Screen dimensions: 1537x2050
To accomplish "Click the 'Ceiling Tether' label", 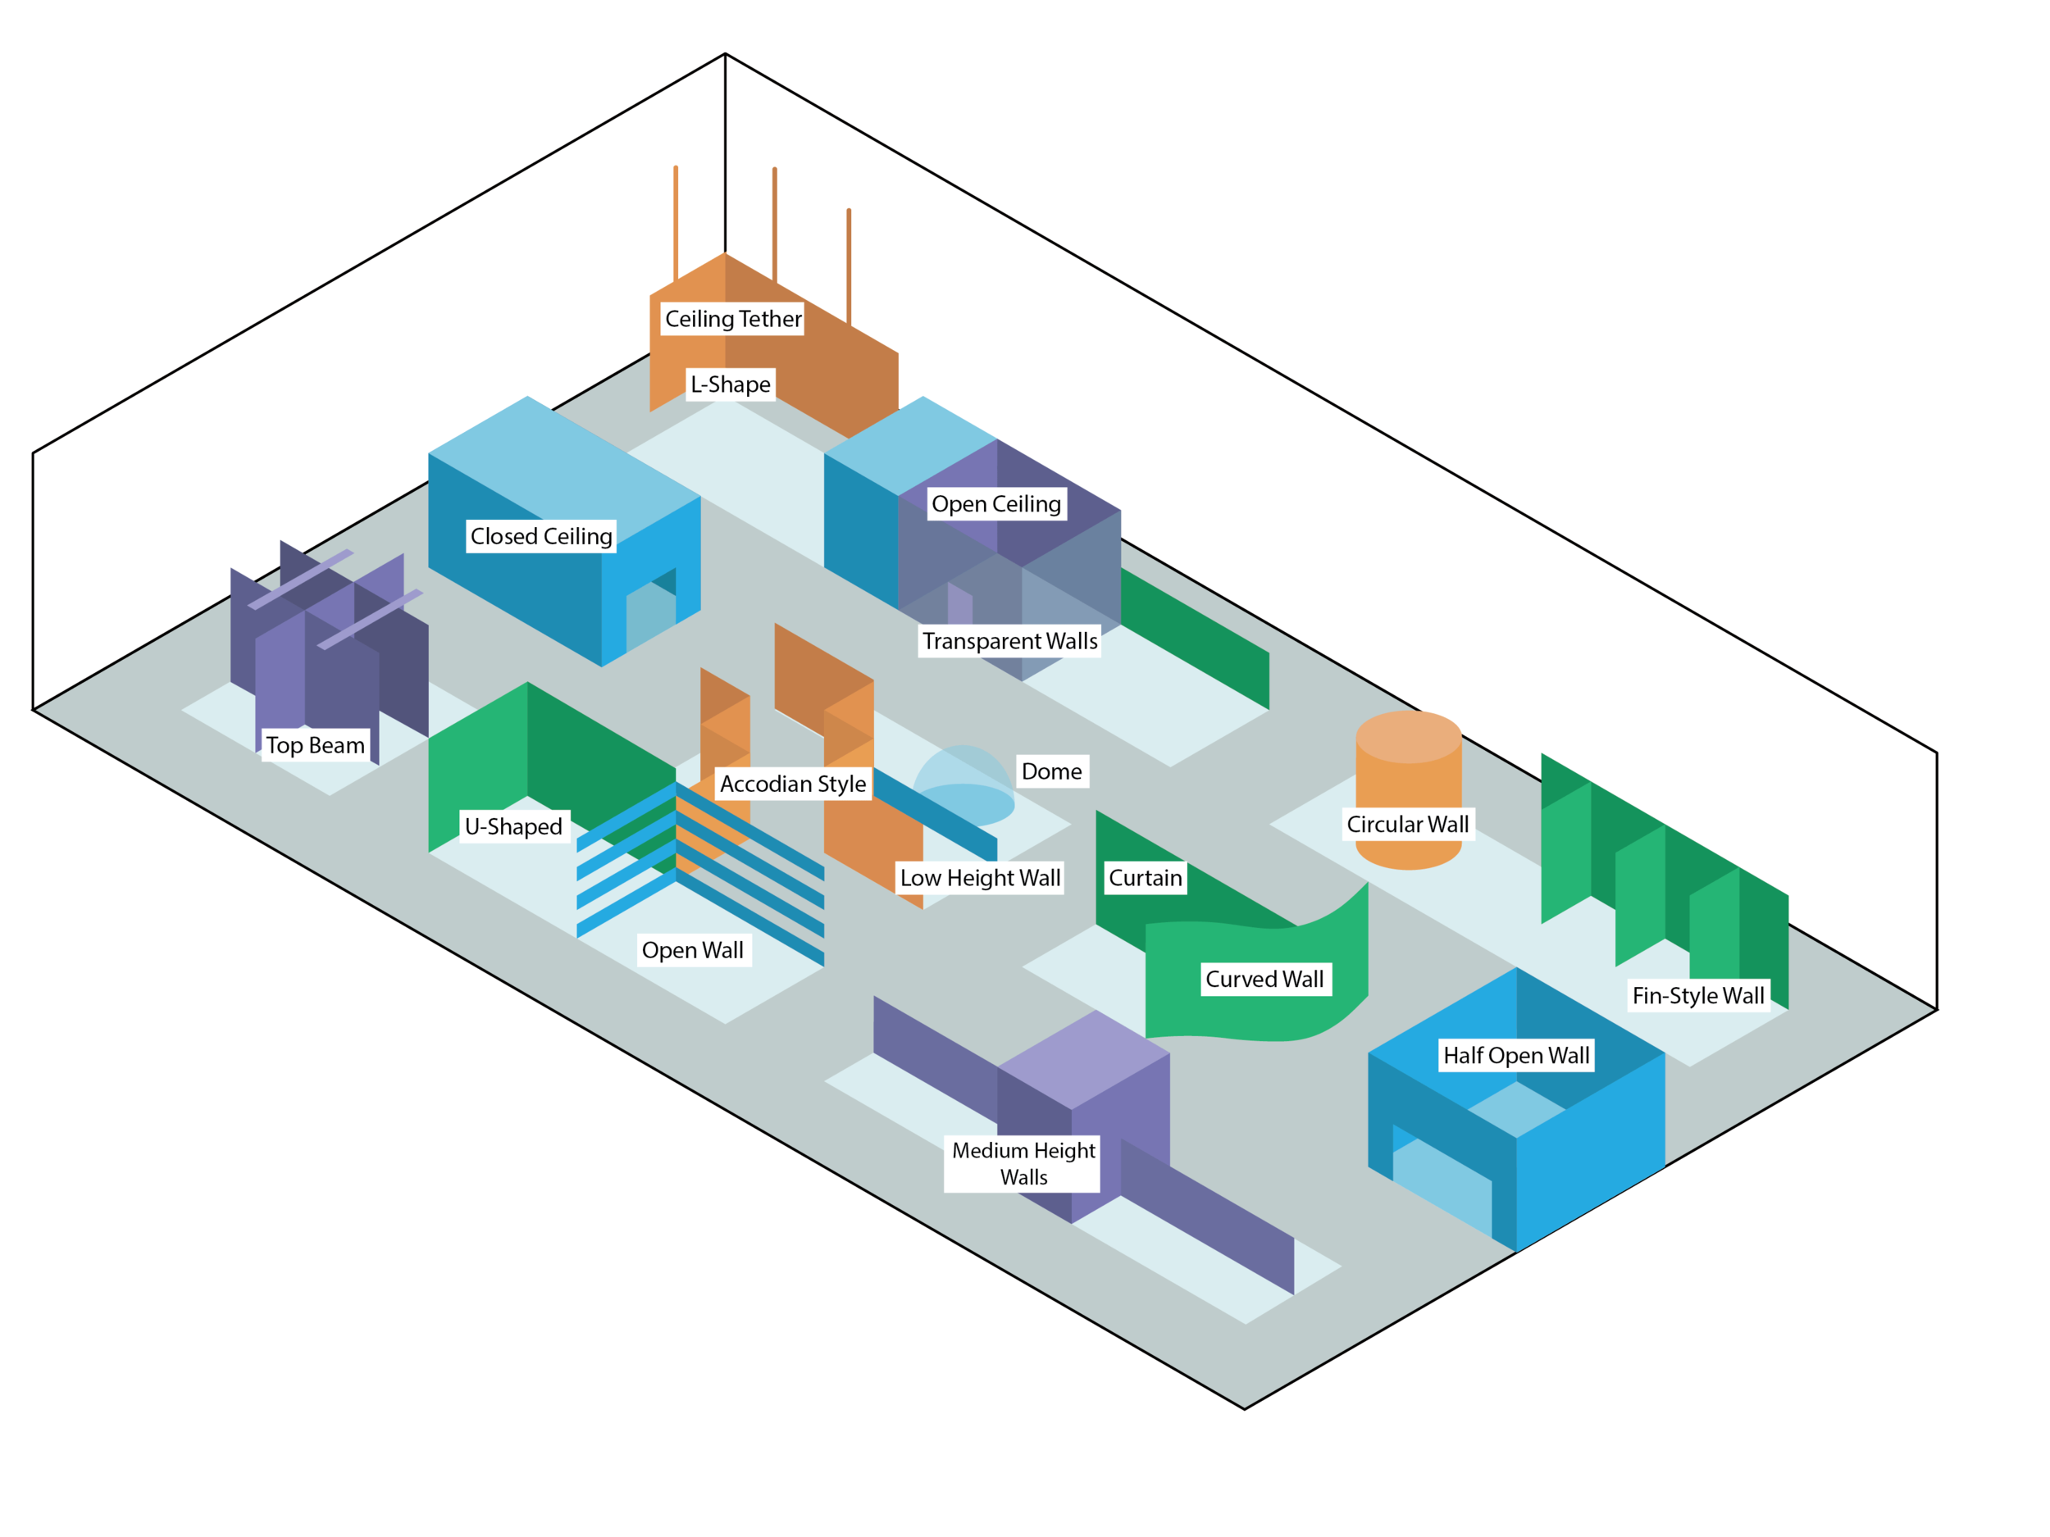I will (733, 319).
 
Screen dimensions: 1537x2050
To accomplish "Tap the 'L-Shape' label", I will (731, 384).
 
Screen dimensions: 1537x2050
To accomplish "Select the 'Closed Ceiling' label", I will (541, 535).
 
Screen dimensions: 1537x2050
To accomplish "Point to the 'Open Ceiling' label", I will (995, 504).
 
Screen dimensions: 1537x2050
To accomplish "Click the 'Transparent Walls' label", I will (1009, 641).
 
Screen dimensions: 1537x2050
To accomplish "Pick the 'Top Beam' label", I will (315, 745).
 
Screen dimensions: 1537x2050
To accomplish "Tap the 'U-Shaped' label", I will (513, 826).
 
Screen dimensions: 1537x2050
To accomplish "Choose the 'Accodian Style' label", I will (792, 784).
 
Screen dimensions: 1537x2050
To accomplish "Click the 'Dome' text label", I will (1051, 771).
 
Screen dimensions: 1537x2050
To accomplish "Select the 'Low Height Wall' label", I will (980, 877).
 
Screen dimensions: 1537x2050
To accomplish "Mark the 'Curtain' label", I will (1145, 877).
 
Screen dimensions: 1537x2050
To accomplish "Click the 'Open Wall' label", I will (692, 949).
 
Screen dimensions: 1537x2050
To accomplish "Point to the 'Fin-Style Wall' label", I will (1698, 996).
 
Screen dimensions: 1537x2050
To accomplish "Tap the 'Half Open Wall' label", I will (1515, 1055).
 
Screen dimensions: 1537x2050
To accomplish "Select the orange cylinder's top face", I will (1408, 737).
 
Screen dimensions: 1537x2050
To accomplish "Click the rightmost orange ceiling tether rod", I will (849, 264).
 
